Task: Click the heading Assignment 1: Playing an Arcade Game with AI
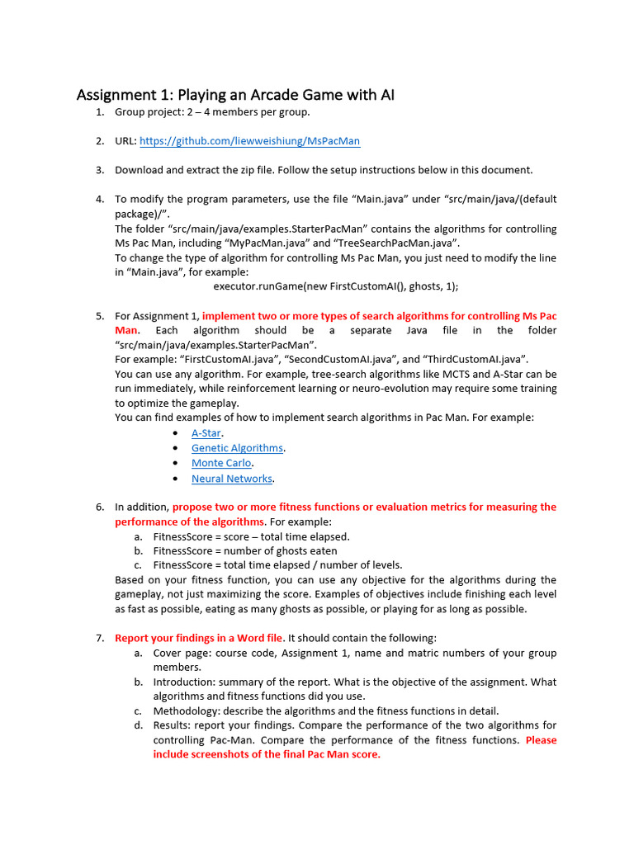click(235, 95)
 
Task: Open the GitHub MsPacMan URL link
click(249, 141)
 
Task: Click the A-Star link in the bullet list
click(206, 432)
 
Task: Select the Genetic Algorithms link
click(237, 448)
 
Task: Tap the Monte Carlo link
click(221, 463)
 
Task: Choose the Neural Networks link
click(231, 479)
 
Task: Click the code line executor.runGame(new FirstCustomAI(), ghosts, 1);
click(335, 286)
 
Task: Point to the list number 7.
click(99, 638)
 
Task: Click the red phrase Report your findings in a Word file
click(198, 638)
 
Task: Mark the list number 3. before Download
click(99, 170)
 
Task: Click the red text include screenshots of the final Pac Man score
click(267, 754)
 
